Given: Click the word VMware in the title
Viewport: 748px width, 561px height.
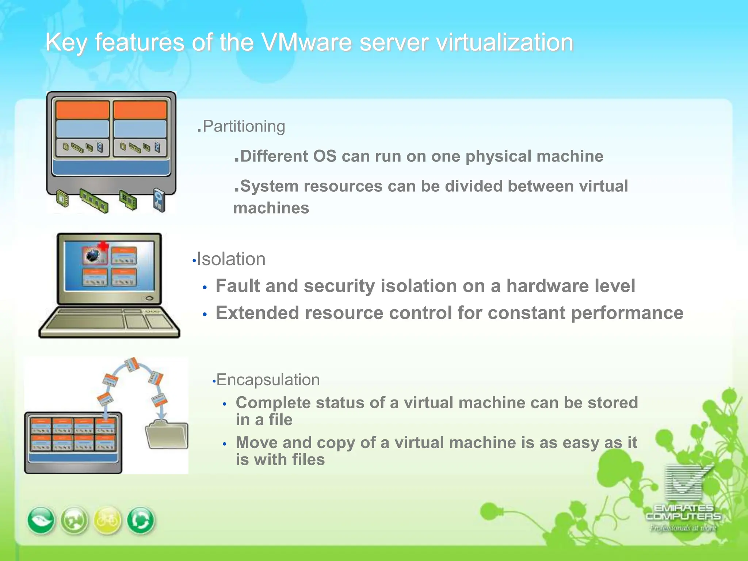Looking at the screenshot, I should (308, 42).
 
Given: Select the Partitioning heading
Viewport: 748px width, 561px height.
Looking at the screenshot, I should (244, 126).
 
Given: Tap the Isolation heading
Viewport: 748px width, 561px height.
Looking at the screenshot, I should (231, 259).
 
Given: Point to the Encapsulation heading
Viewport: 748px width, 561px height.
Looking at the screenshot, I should (268, 380).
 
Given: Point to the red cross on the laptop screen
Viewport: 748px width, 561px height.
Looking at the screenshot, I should (104, 245).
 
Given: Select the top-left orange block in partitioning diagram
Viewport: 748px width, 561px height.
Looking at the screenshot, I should (83, 110).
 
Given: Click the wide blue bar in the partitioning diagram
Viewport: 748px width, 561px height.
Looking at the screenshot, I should (111, 168).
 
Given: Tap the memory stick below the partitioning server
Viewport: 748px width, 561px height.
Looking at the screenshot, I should (94, 201).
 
